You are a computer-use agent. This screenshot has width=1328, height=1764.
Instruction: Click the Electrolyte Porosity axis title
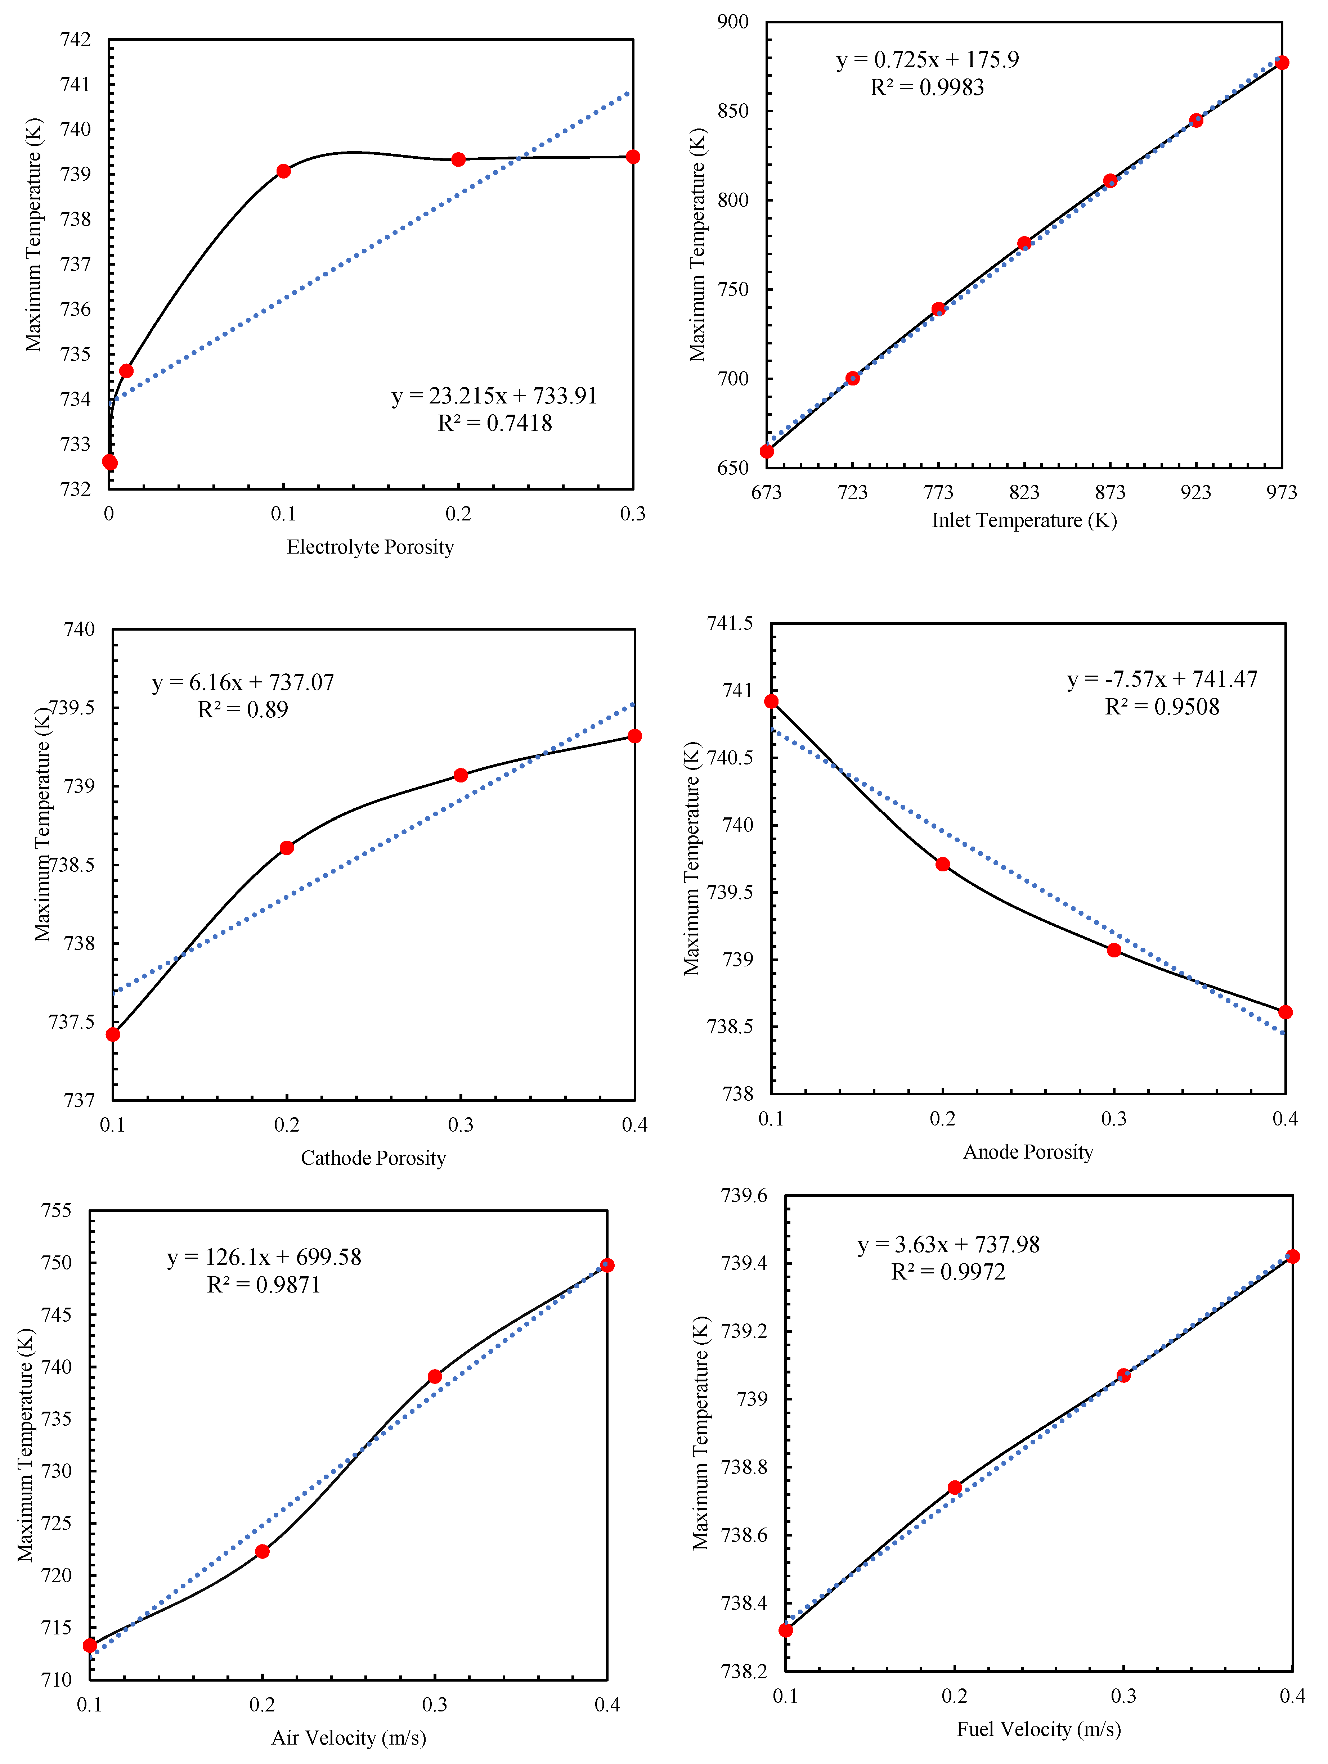[370, 547]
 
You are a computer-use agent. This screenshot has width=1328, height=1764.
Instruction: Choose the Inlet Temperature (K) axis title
[1024, 521]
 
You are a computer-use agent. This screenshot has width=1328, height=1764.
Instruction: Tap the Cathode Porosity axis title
[373, 1158]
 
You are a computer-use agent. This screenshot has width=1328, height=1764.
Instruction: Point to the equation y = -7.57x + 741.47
[1162, 680]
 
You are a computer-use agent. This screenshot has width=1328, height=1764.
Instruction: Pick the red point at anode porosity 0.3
[1114, 950]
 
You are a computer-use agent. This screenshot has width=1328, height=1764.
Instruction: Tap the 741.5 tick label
[730, 624]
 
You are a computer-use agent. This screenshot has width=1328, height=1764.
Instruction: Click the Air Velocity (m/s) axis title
[349, 1738]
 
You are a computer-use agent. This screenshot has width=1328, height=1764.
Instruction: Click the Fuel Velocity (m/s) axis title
[1038, 1729]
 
